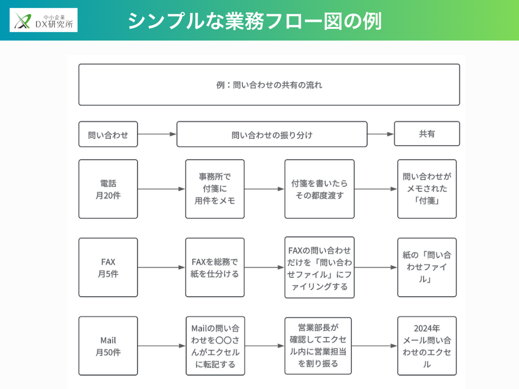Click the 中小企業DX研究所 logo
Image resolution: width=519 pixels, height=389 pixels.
point(44,20)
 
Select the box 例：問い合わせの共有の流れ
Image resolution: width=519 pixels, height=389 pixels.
point(269,85)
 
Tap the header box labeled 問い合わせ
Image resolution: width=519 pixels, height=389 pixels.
point(108,134)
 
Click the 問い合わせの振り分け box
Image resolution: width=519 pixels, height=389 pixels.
point(272,134)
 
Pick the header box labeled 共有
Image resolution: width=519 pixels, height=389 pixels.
point(427,134)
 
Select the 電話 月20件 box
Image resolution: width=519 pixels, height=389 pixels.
point(108,189)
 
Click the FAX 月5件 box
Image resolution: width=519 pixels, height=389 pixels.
point(108,267)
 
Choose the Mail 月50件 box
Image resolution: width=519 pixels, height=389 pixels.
point(108,346)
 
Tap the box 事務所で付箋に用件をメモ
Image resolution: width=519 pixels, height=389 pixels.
point(215,189)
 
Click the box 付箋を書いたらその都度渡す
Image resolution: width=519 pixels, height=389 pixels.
point(319,189)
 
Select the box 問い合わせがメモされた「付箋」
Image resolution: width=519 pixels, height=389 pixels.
point(427,189)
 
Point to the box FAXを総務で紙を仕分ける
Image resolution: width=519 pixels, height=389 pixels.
point(215,267)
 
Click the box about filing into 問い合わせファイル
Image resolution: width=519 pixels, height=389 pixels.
point(319,267)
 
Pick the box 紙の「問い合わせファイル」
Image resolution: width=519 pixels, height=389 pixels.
point(427,267)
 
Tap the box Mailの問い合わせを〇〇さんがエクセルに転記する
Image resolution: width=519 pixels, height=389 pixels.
point(215,346)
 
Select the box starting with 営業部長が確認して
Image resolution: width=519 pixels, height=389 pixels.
point(318,346)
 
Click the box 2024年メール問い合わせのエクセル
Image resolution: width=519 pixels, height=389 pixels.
point(427,346)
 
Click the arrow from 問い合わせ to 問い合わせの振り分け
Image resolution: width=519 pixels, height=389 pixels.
point(157,134)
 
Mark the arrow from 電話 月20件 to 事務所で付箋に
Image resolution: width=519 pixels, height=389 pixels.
point(161,189)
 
